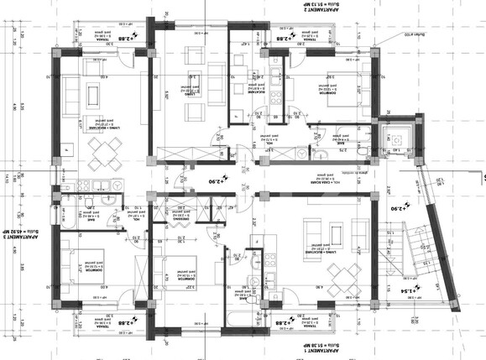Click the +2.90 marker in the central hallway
(x=217, y=181)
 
